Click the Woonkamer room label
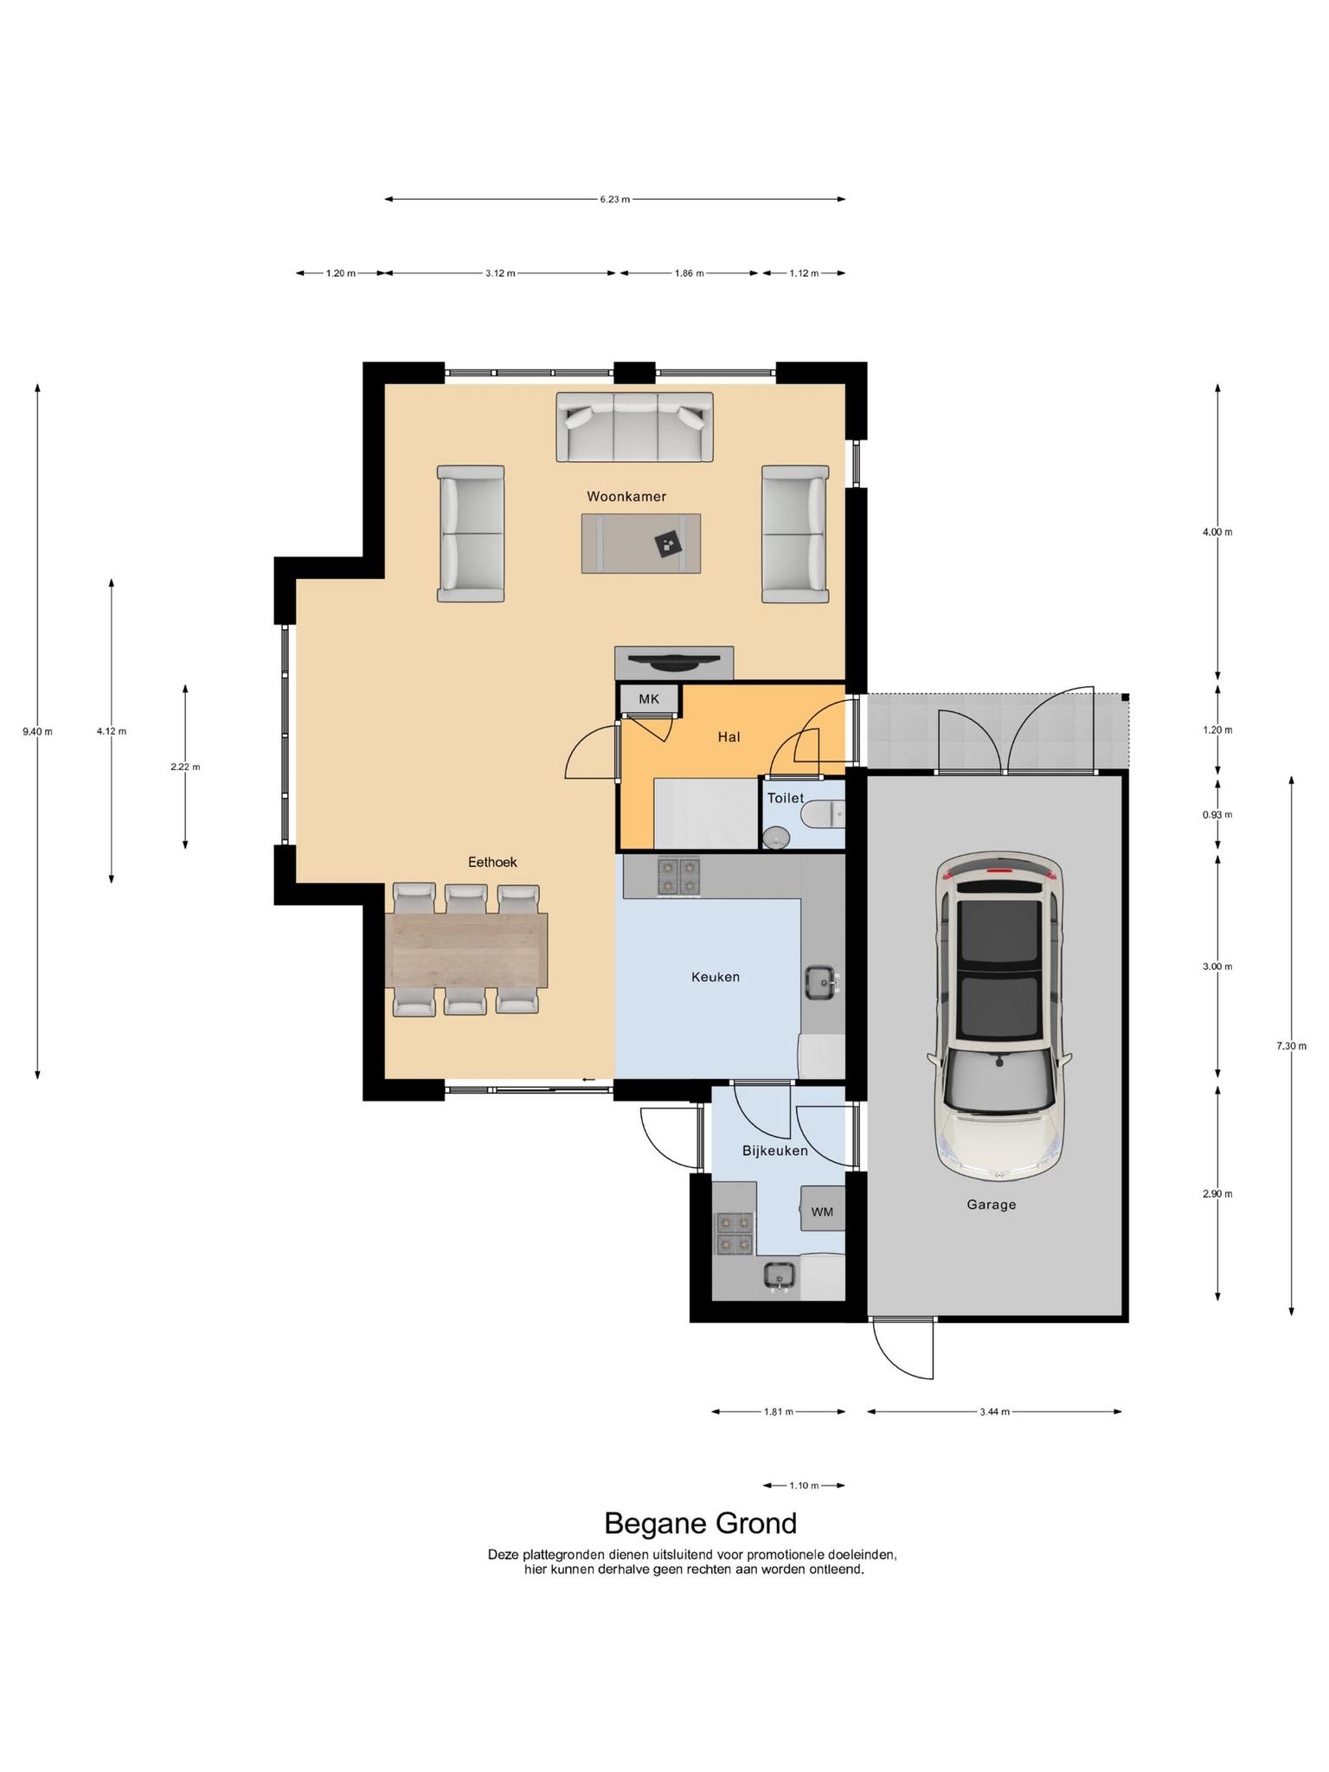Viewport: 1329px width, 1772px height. [626, 497]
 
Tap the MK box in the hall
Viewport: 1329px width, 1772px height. [649, 699]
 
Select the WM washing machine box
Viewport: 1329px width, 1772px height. [822, 1211]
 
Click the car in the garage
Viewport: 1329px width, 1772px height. [999, 1018]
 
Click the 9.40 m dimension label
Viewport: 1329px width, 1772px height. [37, 731]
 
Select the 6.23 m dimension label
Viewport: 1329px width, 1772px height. [615, 200]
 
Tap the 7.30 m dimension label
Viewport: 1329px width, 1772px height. [1291, 1046]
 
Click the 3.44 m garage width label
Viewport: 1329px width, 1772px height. [994, 1412]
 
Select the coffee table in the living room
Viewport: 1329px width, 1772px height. [641, 543]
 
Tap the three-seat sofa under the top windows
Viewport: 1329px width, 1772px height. [635, 427]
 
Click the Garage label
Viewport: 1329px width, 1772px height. [992, 1204]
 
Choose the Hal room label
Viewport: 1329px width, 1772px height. [729, 737]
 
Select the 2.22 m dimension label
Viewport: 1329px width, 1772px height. [185, 767]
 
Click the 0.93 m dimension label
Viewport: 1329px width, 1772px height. [1217, 815]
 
